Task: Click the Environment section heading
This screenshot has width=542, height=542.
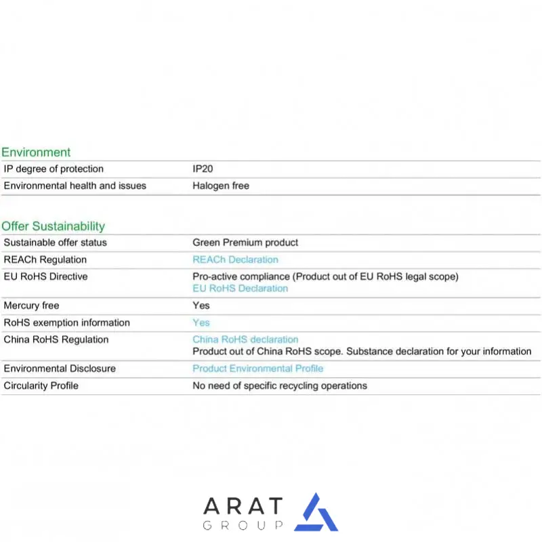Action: click(x=36, y=152)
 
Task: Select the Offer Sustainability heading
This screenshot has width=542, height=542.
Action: click(x=54, y=226)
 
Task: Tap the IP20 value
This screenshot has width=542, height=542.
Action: click(x=203, y=169)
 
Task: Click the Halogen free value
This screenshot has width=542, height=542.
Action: click(x=221, y=186)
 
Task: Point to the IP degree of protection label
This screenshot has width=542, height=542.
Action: click(x=54, y=169)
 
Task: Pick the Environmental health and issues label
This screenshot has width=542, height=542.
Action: click(x=75, y=186)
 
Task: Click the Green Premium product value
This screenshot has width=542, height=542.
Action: click(x=245, y=243)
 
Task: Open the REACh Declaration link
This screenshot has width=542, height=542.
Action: click(x=235, y=259)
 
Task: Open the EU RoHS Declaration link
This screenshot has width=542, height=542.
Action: click(x=240, y=289)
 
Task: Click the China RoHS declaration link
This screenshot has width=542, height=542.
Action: click(x=245, y=339)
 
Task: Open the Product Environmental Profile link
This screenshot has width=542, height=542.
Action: click(x=257, y=369)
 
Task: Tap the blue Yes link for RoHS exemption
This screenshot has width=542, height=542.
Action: click(x=201, y=322)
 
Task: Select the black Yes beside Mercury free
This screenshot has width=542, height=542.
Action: click(x=201, y=306)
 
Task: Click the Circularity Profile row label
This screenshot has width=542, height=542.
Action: click(x=41, y=385)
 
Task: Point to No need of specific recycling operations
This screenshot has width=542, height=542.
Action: click(x=280, y=385)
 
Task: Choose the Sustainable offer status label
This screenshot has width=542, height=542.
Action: click(x=56, y=243)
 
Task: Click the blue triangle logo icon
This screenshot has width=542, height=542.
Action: click(x=316, y=514)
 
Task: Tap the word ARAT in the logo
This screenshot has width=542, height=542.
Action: click(x=243, y=506)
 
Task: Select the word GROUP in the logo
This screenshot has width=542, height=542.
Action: click(x=243, y=526)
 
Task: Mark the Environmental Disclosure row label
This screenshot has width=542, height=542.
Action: click(x=60, y=369)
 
